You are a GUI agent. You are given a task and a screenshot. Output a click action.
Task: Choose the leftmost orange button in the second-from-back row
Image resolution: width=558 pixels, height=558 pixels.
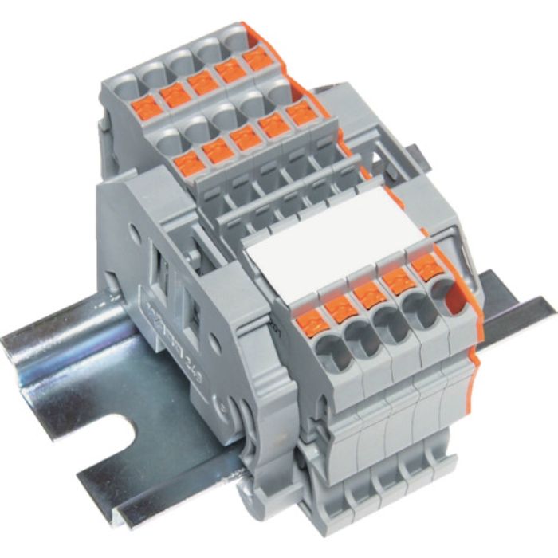pos(187,164)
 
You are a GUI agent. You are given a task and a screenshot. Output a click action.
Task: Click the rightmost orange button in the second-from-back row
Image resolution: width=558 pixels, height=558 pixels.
pos(301,113)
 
